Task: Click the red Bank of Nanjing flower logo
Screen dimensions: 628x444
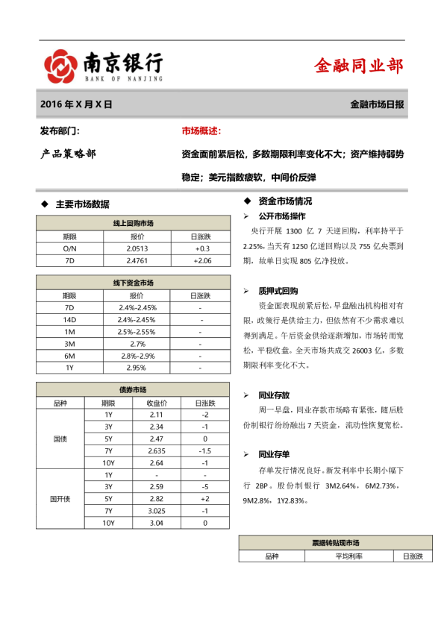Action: point(60,66)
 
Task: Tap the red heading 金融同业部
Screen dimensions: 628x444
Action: point(359,66)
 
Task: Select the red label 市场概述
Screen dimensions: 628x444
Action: point(201,131)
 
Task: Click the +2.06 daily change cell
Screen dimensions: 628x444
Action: point(201,260)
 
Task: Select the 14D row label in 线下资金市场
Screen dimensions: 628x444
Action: point(69,319)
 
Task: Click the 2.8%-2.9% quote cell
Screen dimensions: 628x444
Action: point(137,356)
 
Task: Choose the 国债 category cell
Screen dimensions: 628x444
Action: point(60,439)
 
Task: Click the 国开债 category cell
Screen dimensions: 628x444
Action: point(60,498)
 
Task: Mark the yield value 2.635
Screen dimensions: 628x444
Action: point(157,450)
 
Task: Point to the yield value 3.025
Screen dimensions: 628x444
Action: point(157,510)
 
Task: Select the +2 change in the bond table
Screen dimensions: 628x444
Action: point(204,498)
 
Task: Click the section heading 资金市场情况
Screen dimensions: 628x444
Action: point(285,201)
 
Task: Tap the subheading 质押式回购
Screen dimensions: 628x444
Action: point(278,291)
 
